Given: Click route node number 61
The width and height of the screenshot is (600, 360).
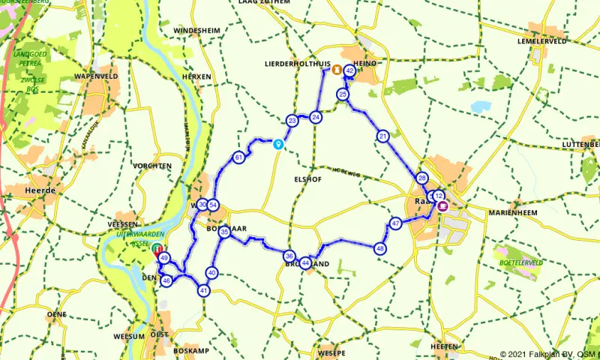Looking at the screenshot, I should [x=238, y=157].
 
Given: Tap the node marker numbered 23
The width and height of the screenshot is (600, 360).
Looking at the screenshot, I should [x=292, y=121].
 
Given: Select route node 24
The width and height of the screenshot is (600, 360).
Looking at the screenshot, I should [x=316, y=117].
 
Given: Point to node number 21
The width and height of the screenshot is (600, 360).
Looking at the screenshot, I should [x=382, y=136].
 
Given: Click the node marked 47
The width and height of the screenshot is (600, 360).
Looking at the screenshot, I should [x=395, y=223].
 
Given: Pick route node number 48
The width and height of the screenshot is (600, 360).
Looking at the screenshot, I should [x=381, y=249].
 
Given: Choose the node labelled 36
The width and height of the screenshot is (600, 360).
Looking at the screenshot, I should [x=289, y=256].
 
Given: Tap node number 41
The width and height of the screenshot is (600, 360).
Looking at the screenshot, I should [x=203, y=291].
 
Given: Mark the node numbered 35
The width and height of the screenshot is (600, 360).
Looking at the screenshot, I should [x=224, y=233].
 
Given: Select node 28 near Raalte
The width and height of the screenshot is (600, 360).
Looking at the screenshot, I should [x=421, y=178].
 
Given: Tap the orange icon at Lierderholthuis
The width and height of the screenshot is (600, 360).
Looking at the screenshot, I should [x=337, y=70].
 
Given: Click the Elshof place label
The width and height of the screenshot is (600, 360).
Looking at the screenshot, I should [x=308, y=180].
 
